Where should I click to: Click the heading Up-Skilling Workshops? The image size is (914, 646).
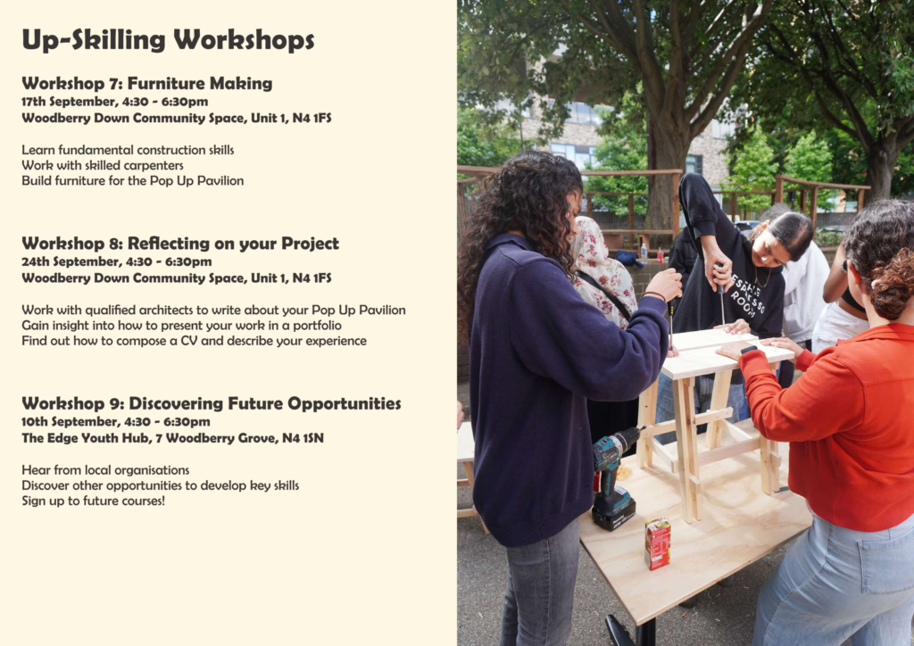click(x=168, y=39)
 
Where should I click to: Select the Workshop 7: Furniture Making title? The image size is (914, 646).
click(x=147, y=83)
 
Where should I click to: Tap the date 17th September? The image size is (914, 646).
click(x=69, y=102)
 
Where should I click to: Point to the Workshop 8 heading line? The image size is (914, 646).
click(x=180, y=243)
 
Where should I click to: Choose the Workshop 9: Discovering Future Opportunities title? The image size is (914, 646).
click(x=211, y=403)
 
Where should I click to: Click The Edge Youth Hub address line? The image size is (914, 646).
click(x=172, y=438)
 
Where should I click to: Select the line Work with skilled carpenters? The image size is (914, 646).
click(x=103, y=165)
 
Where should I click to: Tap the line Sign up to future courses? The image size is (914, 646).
click(x=93, y=501)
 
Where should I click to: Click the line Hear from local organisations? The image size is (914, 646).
click(x=105, y=470)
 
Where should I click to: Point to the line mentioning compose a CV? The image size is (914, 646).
click(x=194, y=341)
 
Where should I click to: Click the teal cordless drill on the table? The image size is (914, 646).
click(x=612, y=477)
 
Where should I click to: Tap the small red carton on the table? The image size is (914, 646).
click(x=658, y=543)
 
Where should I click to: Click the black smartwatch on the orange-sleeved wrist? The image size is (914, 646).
click(x=749, y=350)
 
